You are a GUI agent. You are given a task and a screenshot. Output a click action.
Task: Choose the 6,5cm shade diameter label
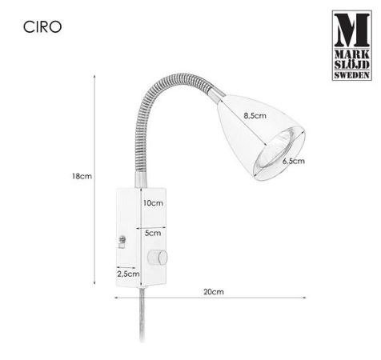pos(293,162)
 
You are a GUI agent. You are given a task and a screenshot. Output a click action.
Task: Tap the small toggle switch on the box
pos(122,239)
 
